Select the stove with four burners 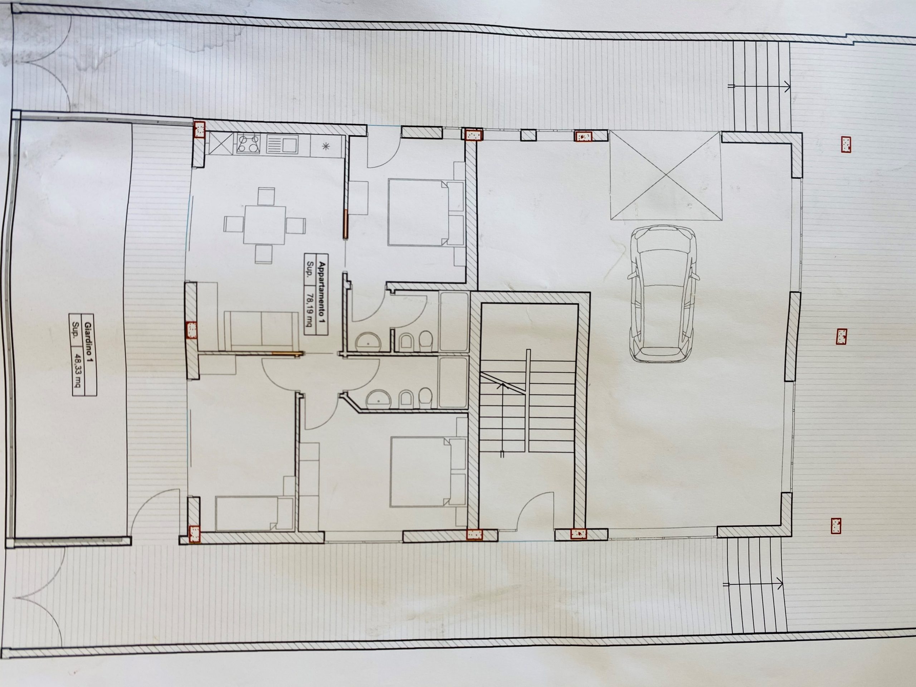(x=248, y=144)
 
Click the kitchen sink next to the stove (x=282, y=145)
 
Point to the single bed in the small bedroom (x=254, y=513)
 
